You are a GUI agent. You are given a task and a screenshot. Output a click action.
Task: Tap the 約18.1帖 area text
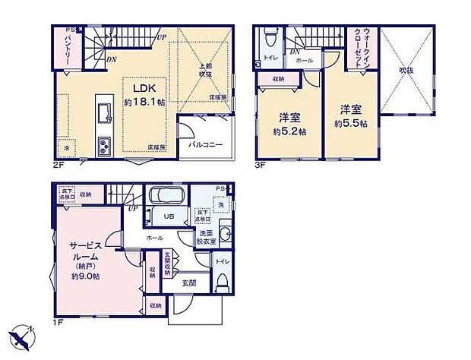pos(144,102)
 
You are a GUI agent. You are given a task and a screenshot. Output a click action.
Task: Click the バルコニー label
pos(204,143)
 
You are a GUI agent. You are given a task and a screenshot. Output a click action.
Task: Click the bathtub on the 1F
pos(165,196)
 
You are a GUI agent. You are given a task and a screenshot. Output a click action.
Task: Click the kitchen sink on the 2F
pos(103,114)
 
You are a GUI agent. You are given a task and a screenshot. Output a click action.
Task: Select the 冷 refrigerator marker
pos(67,147)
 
